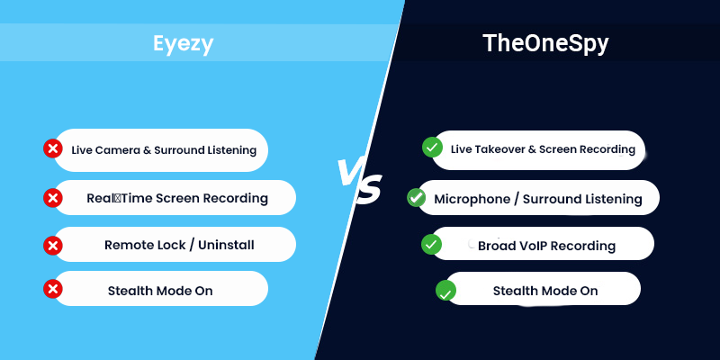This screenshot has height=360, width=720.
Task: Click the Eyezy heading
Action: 183,43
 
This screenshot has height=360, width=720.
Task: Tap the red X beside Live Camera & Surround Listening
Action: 52,148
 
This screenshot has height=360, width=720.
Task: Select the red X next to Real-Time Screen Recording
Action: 53,197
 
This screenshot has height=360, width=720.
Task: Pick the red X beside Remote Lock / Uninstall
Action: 53,244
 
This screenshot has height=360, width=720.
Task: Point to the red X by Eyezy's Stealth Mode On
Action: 53,289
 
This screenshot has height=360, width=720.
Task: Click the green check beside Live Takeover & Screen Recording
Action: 432,147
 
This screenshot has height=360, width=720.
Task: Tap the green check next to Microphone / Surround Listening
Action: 417,197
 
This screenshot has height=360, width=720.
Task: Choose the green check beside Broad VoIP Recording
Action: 432,244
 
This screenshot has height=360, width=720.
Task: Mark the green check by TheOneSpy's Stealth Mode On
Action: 445,291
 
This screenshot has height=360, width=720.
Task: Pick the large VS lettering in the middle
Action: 358,180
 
